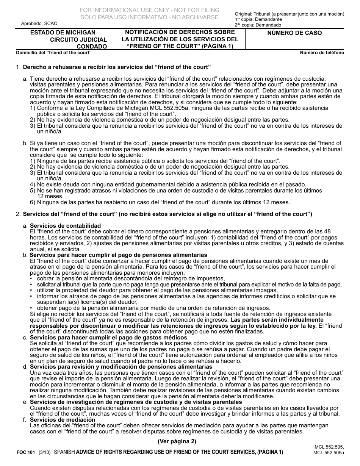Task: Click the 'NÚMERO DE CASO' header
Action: click(294, 33)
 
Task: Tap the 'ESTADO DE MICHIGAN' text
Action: click(63, 33)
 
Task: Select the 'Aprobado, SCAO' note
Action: click(37, 23)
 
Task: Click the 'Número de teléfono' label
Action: click(322, 53)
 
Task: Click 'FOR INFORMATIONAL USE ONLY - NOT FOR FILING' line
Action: click(149, 10)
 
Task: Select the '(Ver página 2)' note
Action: click(177, 441)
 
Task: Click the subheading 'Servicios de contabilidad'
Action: click(65, 226)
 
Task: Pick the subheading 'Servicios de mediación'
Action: click(63, 420)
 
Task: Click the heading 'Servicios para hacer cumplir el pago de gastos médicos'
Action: click(108, 337)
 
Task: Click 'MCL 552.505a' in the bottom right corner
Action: click(328, 453)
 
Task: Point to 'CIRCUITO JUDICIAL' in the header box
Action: click(78, 39)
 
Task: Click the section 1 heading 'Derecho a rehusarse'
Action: click(117, 67)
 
